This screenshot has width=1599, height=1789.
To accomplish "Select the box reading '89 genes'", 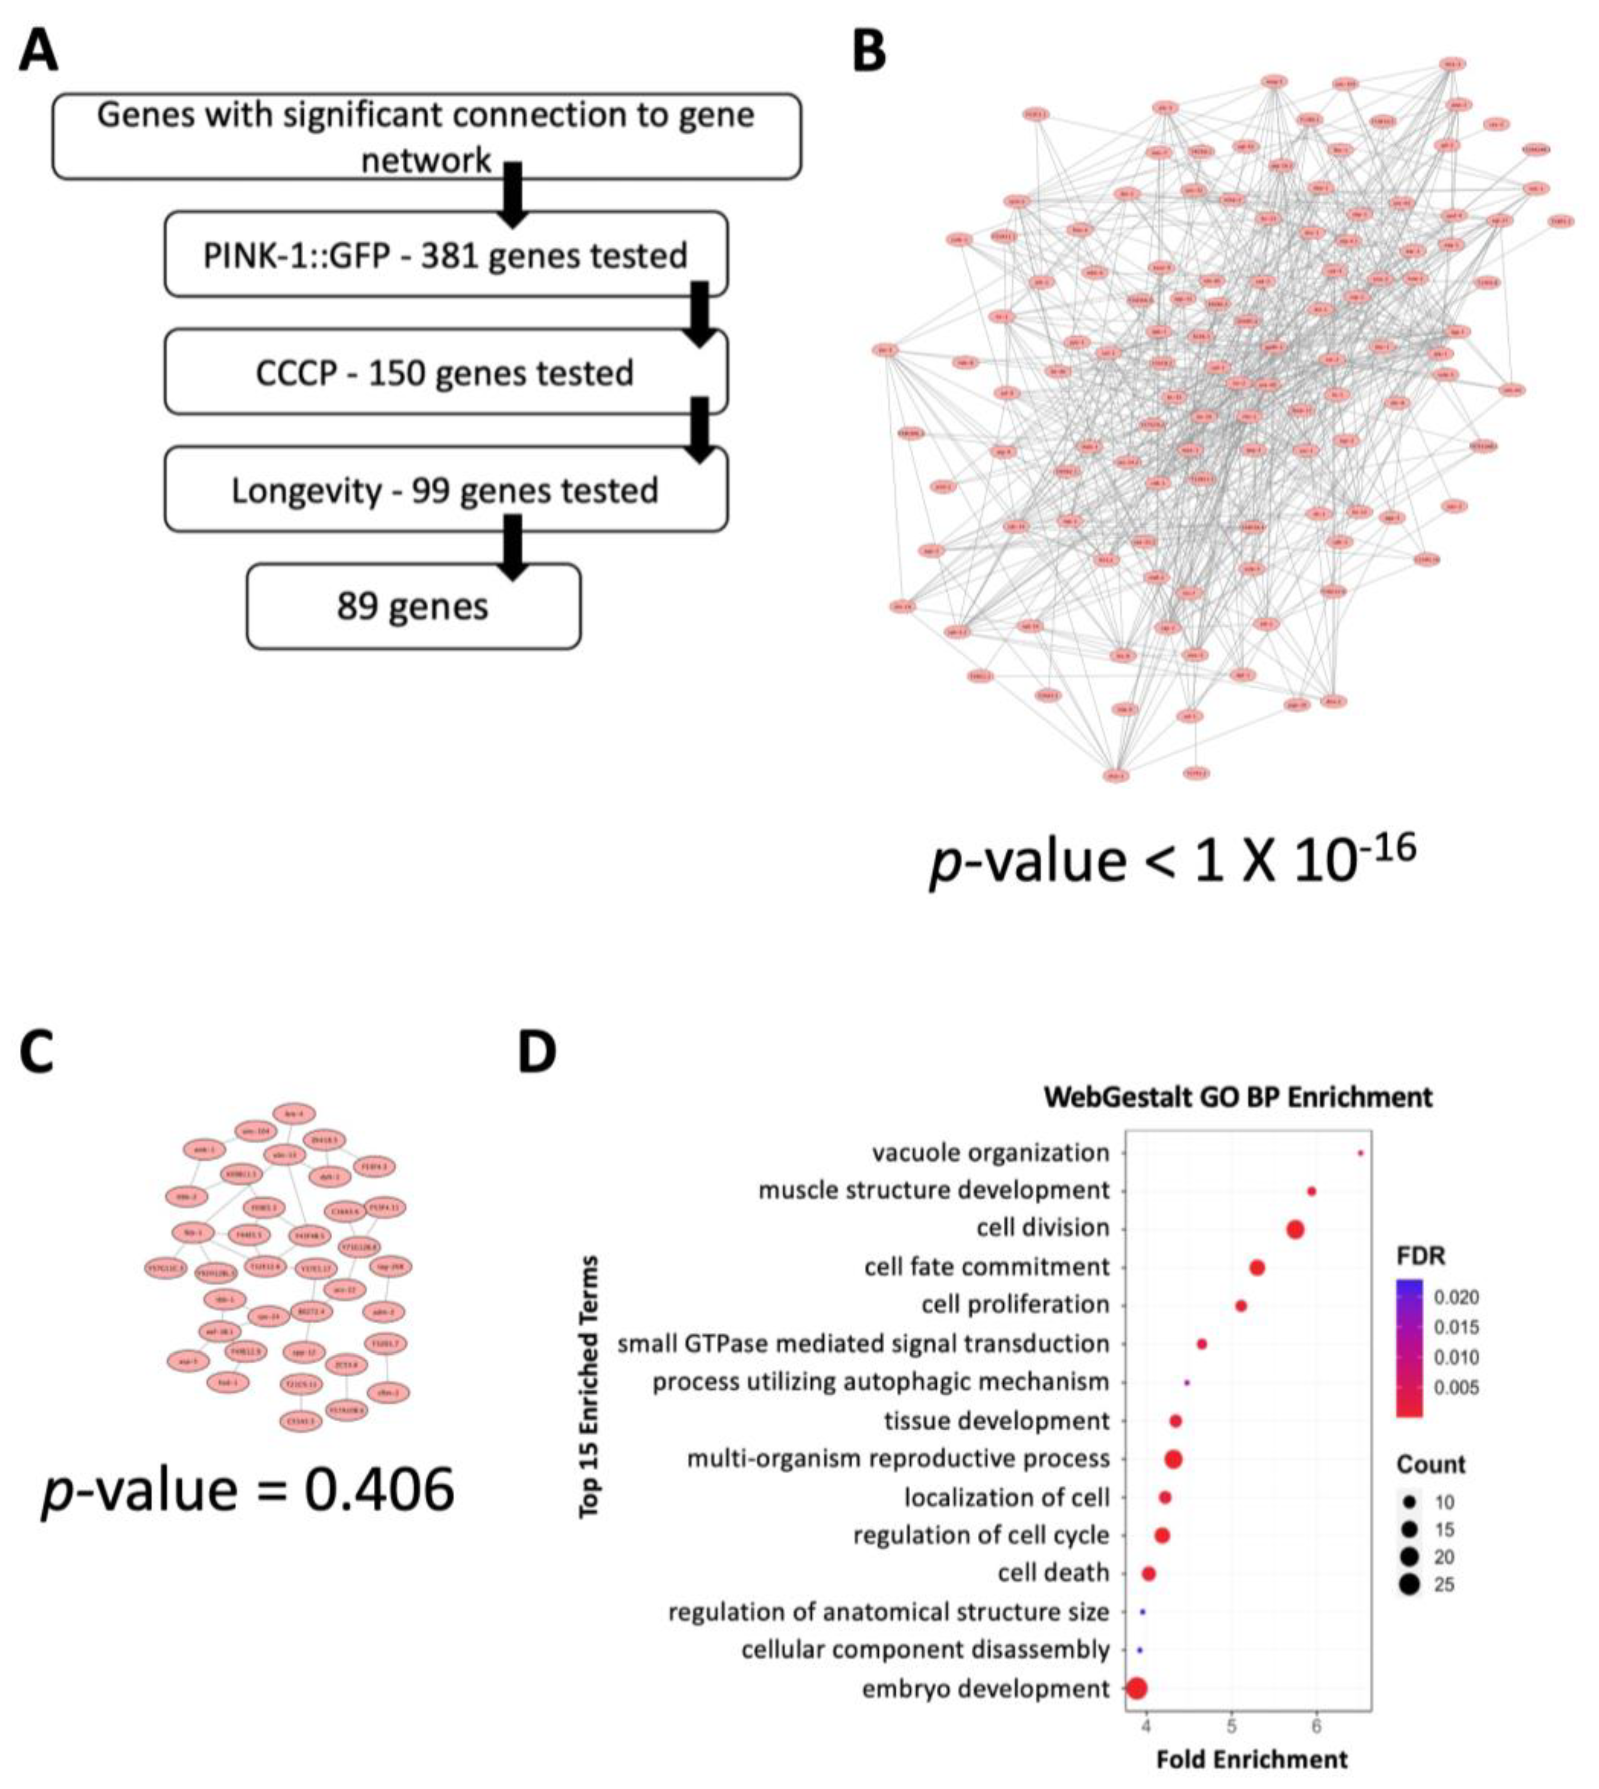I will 413,606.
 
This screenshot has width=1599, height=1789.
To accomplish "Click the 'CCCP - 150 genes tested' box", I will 445,372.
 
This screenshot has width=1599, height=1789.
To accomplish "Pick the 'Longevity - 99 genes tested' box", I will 445,490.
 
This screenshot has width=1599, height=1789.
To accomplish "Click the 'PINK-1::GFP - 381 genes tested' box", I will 445,255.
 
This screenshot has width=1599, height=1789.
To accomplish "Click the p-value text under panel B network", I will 1173,860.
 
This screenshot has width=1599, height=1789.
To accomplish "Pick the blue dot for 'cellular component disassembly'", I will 1139,1650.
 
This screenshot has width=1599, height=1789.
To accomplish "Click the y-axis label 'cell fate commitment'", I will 986,1267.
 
